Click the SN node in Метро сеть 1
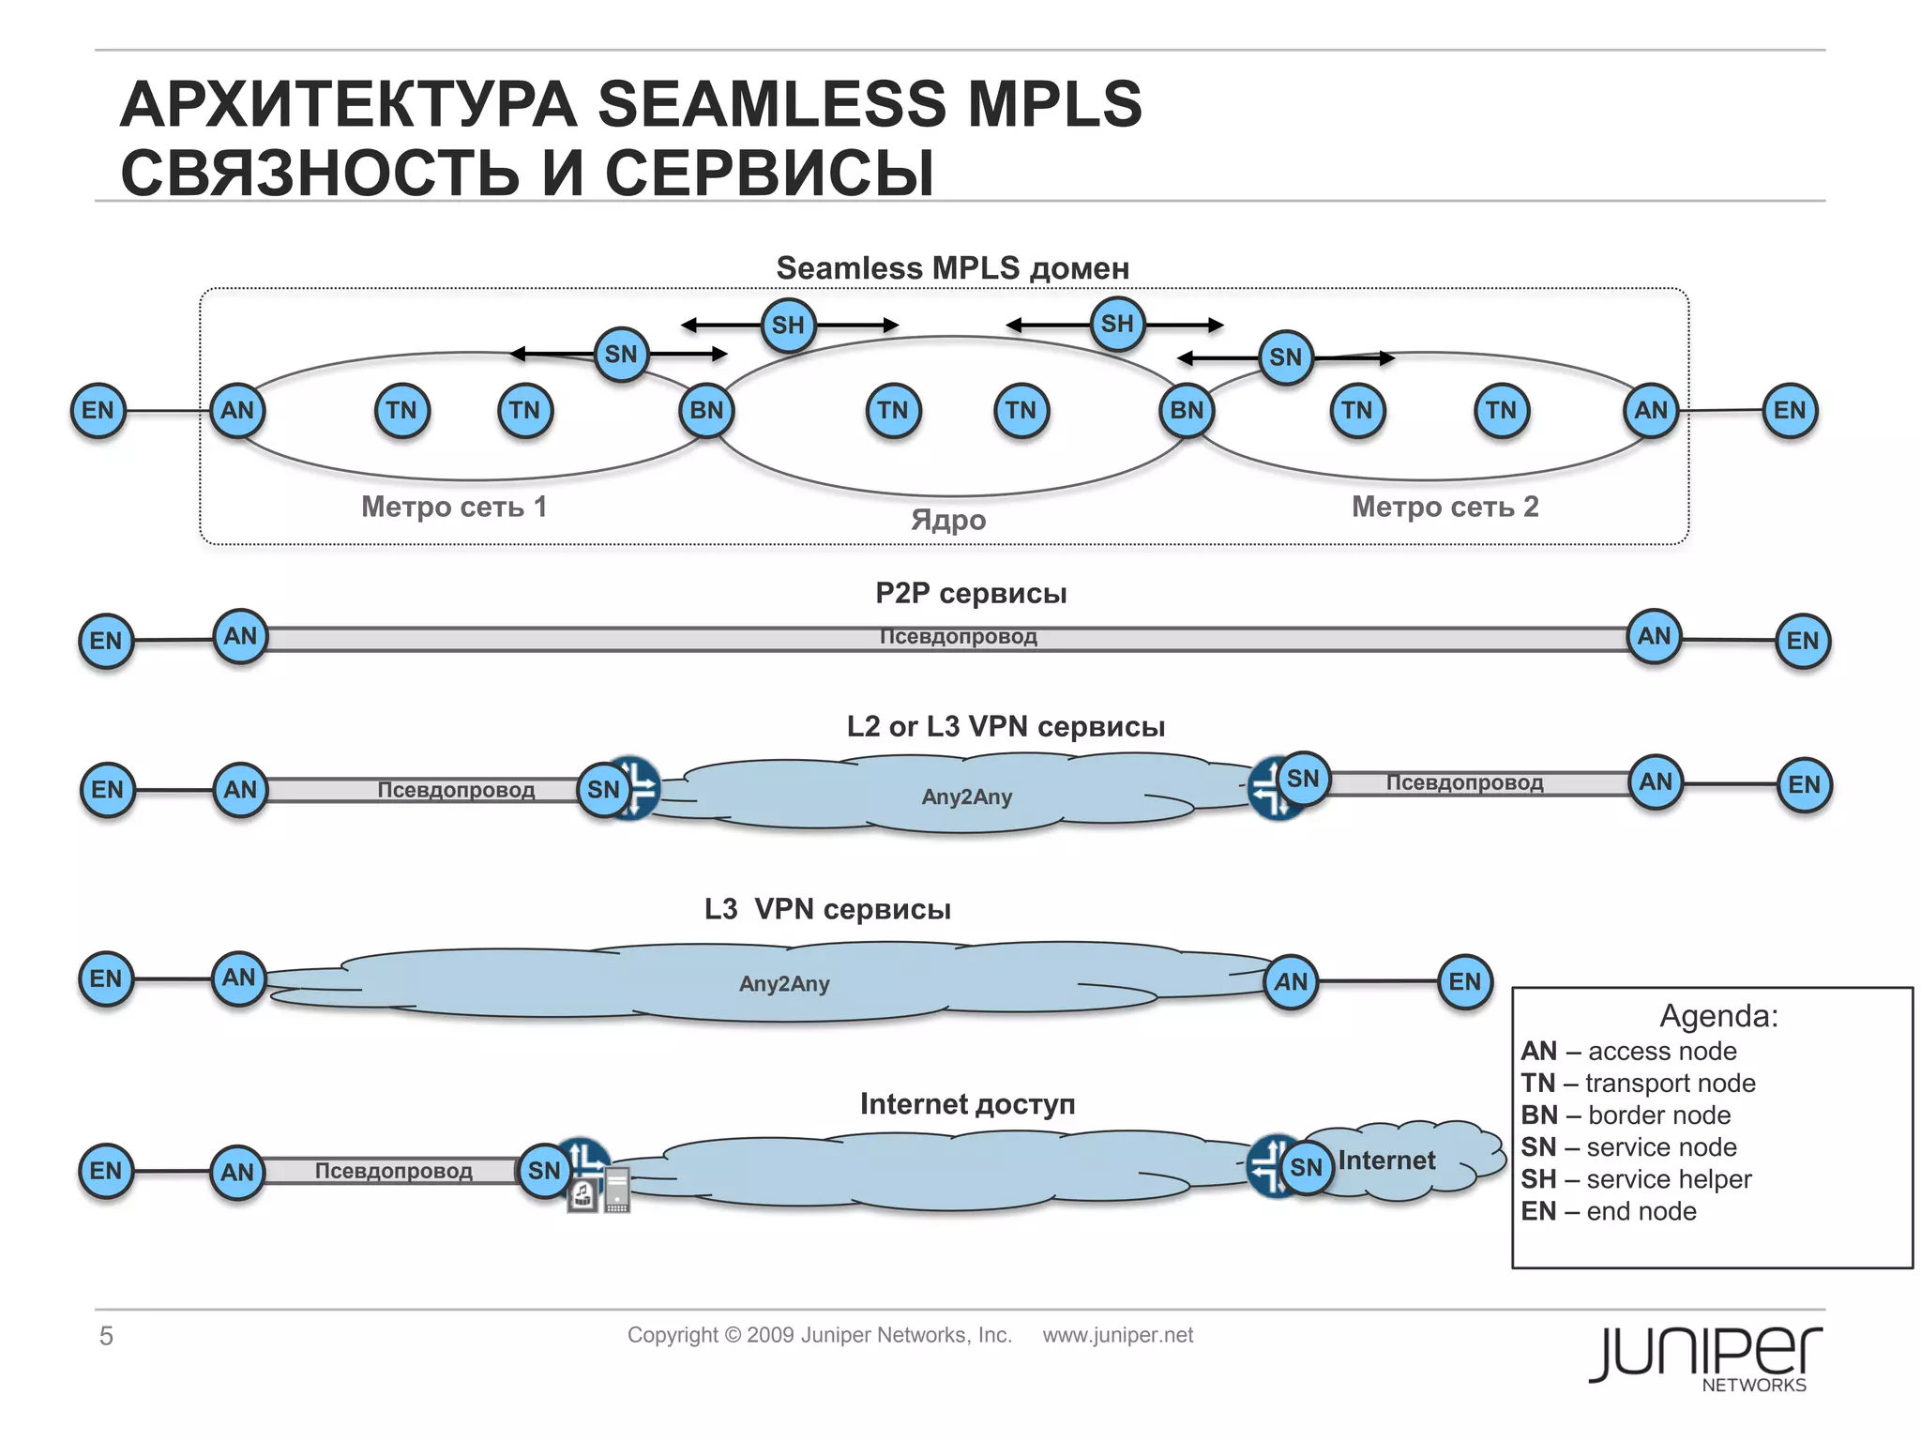point(621,355)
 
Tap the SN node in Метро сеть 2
point(1285,357)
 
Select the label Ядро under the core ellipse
point(948,520)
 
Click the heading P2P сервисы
point(971,593)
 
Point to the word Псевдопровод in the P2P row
point(958,637)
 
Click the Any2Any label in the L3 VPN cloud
point(784,984)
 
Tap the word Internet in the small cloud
point(1386,1160)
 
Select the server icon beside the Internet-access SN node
point(616,1191)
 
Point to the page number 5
point(106,1336)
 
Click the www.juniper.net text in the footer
point(1117,1335)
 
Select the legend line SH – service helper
point(1636,1179)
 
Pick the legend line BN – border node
point(1626,1115)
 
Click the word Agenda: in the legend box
point(1718,1016)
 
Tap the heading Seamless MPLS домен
point(952,268)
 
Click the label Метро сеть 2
point(1445,507)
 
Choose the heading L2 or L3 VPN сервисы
point(1006,726)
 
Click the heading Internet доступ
point(967,1104)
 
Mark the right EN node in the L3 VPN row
point(1464,981)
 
